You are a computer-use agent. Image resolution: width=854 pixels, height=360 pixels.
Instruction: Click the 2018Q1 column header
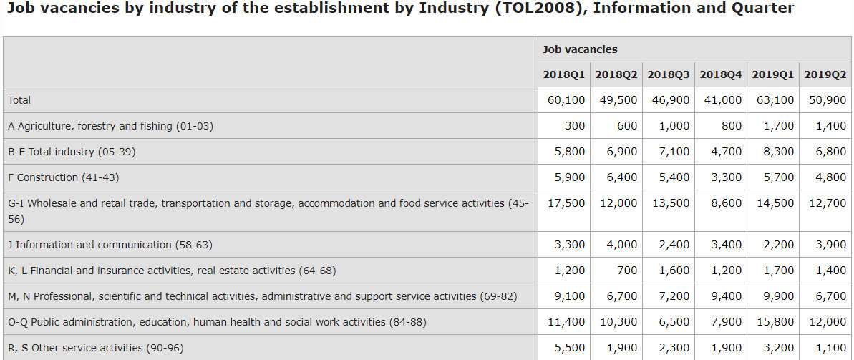point(563,74)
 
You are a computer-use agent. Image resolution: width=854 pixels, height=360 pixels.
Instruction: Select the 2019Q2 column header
point(825,74)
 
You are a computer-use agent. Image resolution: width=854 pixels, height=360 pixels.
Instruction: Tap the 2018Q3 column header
point(668,74)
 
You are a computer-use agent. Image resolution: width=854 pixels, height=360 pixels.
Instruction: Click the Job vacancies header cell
point(580,49)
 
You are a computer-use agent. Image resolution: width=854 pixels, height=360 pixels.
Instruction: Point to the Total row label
point(19,100)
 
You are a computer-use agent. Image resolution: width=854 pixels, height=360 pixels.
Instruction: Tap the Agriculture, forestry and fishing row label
point(110,126)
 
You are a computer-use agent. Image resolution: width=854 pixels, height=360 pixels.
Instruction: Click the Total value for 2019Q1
point(775,100)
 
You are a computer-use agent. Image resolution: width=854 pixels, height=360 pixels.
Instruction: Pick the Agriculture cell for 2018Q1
point(575,126)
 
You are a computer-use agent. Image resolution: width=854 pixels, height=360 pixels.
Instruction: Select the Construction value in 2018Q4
point(727,177)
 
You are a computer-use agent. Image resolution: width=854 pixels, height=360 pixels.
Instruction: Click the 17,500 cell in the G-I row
point(566,203)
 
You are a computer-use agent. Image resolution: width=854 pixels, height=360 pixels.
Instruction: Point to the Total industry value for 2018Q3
point(674,152)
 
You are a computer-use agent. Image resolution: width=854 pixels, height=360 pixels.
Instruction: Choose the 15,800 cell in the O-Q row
point(775,322)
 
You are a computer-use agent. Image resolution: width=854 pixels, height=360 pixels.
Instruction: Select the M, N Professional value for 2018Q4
point(727,296)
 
